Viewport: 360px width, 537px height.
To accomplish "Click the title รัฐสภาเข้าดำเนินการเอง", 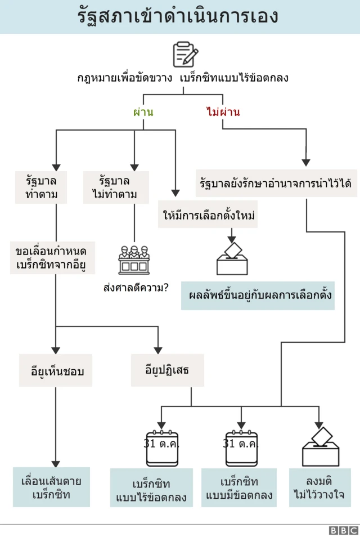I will click(178, 16).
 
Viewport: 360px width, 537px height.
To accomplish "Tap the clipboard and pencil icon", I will click(185, 55).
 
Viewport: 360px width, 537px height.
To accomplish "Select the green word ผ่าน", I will click(143, 112).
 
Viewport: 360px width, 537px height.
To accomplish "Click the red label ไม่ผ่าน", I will click(223, 112).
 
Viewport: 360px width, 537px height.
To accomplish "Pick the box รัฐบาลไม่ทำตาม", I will click(115, 188).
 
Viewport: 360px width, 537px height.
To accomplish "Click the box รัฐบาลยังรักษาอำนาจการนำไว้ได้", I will click(276, 183).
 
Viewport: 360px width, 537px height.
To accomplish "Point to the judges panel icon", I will click(134, 260).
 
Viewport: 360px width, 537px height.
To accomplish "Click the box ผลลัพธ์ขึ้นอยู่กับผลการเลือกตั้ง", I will click(258, 295).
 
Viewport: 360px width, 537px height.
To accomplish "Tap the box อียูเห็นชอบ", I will click(55, 371).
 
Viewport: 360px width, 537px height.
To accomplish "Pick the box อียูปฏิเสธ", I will click(166, 370).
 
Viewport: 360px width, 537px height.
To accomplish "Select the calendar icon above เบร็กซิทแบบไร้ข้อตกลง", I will click(161, 448).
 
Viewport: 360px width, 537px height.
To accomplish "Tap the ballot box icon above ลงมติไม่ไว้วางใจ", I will click(320, 447).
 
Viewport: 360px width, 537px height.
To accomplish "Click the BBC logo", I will click(343, 530).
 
